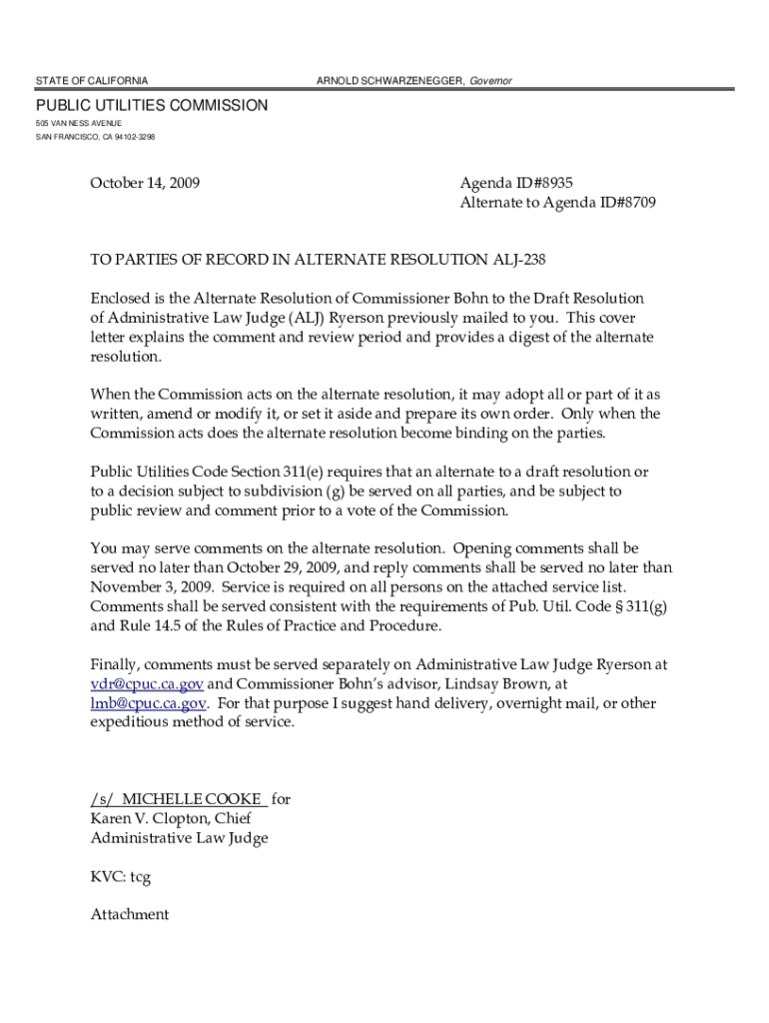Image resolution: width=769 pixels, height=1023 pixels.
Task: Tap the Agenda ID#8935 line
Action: tap(516, 183)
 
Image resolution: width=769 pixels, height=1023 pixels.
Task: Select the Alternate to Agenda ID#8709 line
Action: tap(557, 203)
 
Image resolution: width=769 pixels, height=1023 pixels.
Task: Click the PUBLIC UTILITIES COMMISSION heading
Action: tap(152, 105)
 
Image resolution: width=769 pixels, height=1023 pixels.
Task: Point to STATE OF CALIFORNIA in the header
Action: tap(92, 80)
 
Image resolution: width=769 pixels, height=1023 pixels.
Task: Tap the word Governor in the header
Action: tap(491, 80)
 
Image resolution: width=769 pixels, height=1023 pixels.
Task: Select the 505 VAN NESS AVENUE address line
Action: tap(79, 123)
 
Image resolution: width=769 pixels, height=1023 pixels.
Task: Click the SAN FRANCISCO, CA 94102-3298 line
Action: tap(95, 137)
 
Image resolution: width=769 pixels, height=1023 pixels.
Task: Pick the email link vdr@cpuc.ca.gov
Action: tap(147, 684)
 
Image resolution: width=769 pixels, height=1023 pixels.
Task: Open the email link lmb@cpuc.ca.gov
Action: tap(149, 703)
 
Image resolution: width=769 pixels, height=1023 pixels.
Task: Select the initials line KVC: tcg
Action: tap(121, 876)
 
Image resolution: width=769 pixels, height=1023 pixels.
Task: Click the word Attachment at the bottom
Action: tap(130, 914)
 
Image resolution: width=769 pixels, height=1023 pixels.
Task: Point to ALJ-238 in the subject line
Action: tap(520, 260)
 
